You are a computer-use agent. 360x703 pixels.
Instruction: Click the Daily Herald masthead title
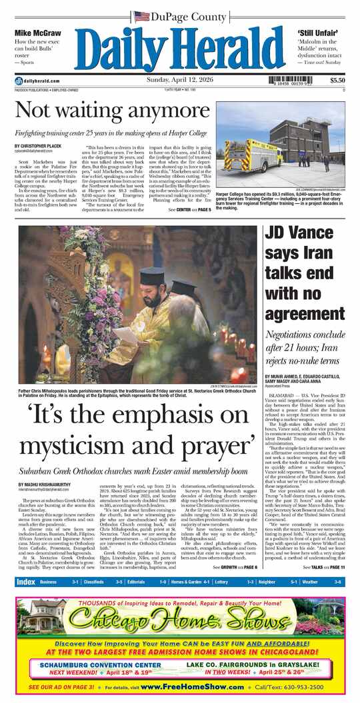(180, 48)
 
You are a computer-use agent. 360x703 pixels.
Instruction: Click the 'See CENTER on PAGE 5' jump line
(189, 210)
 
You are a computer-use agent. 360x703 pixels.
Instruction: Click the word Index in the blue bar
(25, 582)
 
